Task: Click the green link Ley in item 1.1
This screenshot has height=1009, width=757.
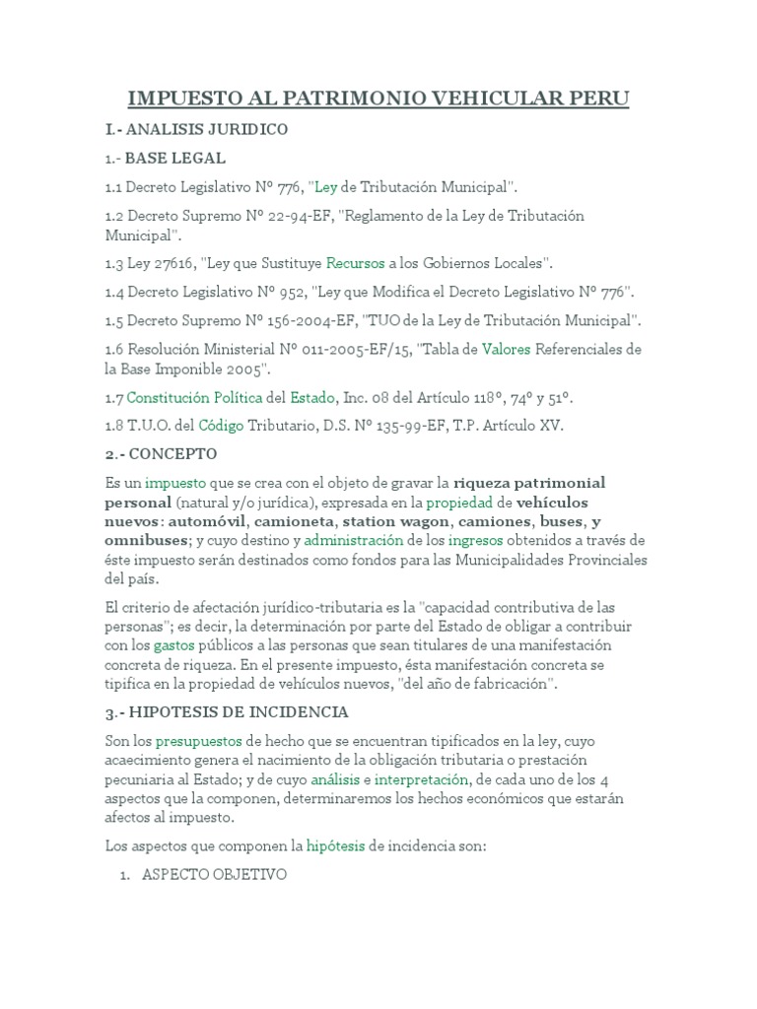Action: point(326,186)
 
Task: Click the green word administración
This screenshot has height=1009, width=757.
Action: point(354,540)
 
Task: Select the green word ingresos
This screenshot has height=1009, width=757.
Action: point(475,540)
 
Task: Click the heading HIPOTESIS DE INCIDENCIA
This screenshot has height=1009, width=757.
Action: point(235,711)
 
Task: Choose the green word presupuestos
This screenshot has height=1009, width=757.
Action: point(201,740)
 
